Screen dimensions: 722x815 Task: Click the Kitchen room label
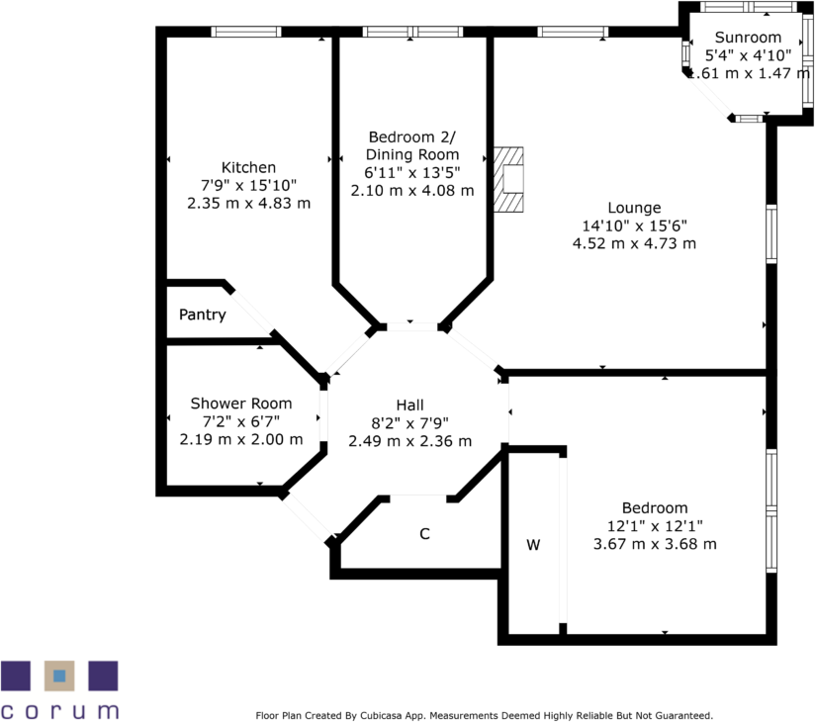[x=248, y=167]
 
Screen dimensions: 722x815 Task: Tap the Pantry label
[x=203, y=316]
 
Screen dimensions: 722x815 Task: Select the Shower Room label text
[x=241, y=404]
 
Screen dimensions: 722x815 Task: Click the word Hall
[x=409, y=406]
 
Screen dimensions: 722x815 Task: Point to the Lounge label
[x=634, y=208]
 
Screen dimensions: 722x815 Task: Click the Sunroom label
[x=747, y=37]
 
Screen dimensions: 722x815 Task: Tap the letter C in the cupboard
[x=424, y=534]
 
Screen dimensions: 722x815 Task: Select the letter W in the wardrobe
[x=533, y=545]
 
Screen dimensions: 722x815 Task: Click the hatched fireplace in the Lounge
[x=510, y=179]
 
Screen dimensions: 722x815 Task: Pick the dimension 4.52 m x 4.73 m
[x=634, y=243]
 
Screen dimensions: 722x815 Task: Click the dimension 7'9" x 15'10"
[x=248, y=185]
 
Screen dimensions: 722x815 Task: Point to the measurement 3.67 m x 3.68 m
[x=655, y=544]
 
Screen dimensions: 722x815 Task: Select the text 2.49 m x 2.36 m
[x=409, y=441]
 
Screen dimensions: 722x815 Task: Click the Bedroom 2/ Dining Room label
[x=412, y=145]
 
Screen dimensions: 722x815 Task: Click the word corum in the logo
[x=59, y=709]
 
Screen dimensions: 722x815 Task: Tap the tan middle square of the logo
[x=59, y=676]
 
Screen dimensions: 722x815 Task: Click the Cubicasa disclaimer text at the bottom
[x=484, y=715]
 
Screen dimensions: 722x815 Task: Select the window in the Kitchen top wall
[x=247, y=32]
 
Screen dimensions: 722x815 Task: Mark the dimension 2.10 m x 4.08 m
[x=412, y=191]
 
